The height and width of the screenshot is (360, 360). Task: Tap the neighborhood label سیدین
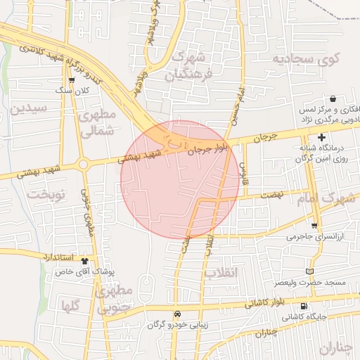[x=29, y=108]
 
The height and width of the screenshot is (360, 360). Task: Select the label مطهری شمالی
[x=96, y=122]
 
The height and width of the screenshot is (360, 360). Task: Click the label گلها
[x=70, y=306]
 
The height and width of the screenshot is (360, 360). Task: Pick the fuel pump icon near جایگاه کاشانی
[x=304, y=306]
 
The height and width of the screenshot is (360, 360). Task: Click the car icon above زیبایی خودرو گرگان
[x=176, y=314]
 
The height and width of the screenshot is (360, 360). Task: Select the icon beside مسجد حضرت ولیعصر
[x=310, y=271]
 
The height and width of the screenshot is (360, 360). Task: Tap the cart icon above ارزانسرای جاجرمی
[x=314, y=226]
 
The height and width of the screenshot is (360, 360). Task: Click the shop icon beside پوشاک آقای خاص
[x=85, y=259]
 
